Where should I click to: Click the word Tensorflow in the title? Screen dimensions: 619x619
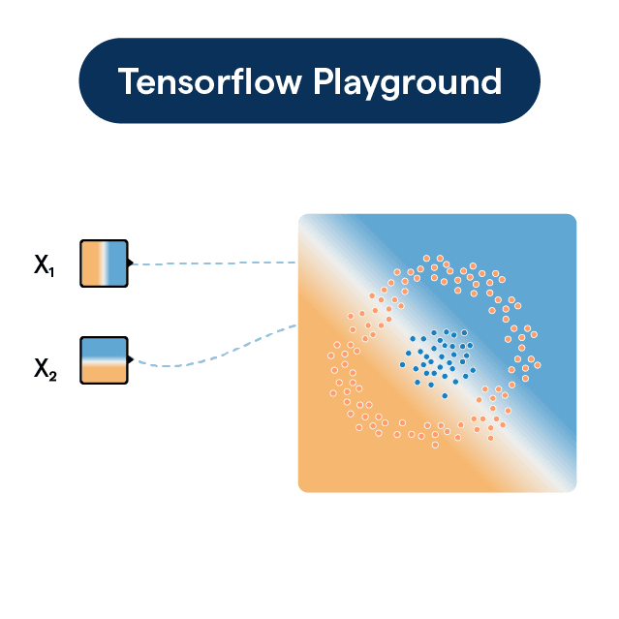click(210, 81)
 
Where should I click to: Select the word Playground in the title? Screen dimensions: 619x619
click(408, 83)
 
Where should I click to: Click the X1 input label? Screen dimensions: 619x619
click(45, 265)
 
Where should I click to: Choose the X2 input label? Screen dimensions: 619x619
click(46, 369)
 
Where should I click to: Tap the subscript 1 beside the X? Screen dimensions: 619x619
click(51, 272)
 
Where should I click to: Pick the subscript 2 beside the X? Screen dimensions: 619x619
click(53, 376)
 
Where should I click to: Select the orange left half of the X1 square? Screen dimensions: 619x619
click(91, 263)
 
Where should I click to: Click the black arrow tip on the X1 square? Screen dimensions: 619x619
click(131, 263)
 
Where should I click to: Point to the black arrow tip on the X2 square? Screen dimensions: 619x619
click(131, 359)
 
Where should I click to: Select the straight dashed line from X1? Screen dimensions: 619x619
click(214, 263)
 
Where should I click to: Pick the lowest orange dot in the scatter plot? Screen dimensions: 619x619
click(435, 445)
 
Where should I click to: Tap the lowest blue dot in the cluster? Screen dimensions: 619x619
click(445, 395)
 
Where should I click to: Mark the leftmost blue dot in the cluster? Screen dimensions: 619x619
click(402, 365)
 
